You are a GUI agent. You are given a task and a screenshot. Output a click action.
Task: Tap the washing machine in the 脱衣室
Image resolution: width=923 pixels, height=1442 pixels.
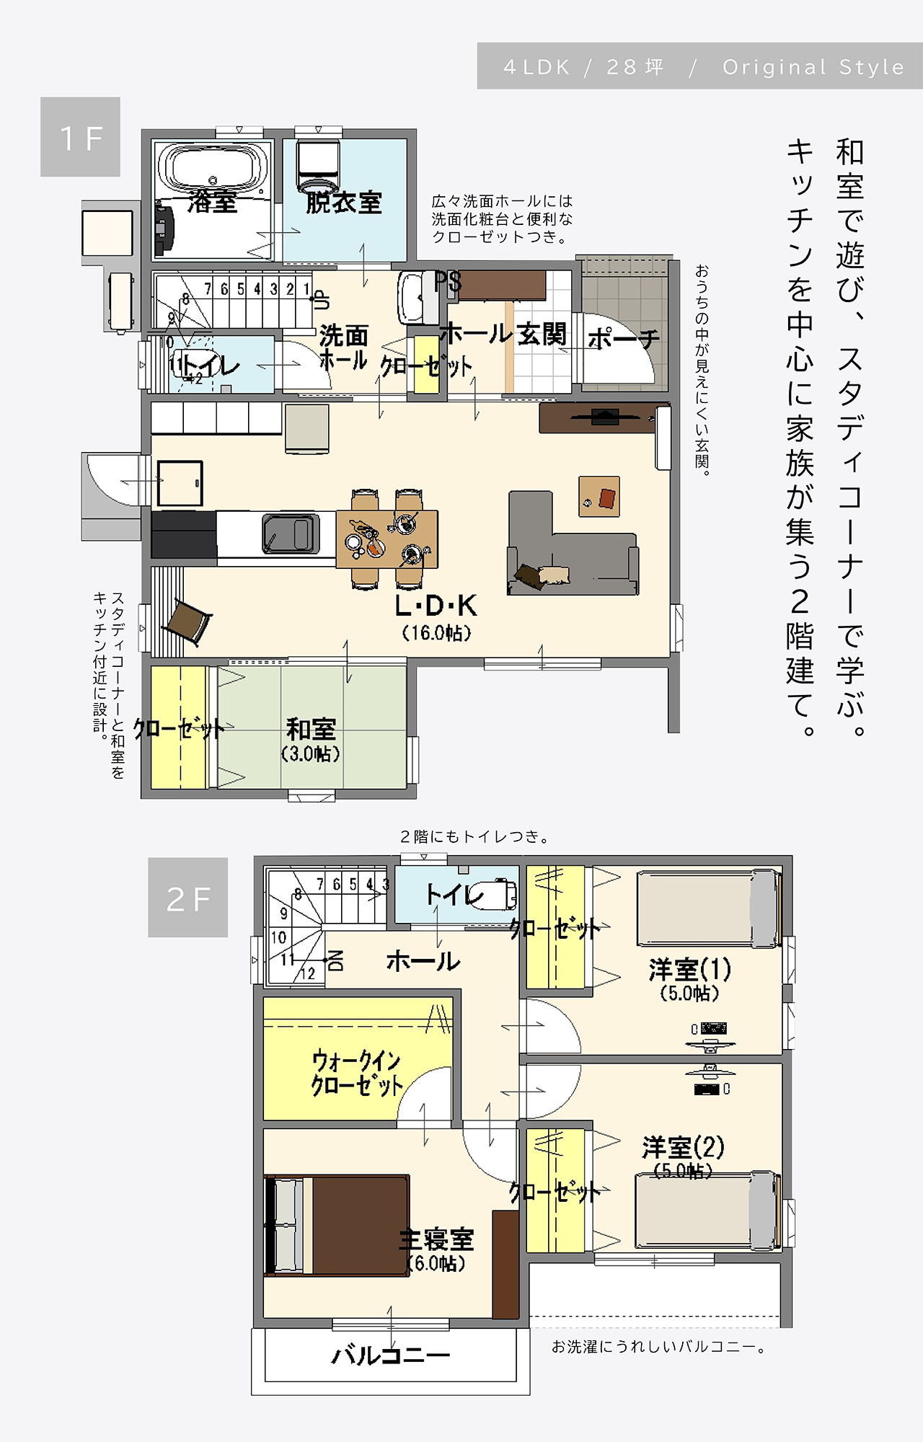[x=318, y=168]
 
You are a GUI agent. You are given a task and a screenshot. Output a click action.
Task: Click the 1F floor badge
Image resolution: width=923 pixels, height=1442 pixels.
[x=80, y=137]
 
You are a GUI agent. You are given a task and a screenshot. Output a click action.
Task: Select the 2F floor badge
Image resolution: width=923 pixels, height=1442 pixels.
[x=187, y=898]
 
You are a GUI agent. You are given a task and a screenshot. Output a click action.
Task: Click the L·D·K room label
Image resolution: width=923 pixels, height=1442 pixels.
[x=436, y=606]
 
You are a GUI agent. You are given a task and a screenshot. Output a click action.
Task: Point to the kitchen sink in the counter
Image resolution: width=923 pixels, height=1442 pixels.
[x=291, y=533]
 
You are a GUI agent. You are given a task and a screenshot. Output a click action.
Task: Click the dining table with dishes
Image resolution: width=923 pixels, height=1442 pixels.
[x=387, y=539]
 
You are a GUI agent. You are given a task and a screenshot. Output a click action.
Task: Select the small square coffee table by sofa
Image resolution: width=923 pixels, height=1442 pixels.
[x=599, y=496]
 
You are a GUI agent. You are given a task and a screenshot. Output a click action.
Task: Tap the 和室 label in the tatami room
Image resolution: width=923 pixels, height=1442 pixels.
[x=311, y=730]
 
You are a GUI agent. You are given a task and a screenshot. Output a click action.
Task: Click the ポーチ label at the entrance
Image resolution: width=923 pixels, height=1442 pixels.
[x=623, y=338]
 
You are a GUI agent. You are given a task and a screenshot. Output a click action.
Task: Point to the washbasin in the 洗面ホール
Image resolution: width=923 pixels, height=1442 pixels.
[x=413, y=298]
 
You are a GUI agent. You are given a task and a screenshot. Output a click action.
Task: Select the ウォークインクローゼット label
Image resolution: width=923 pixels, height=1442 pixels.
[x=356, y=1073]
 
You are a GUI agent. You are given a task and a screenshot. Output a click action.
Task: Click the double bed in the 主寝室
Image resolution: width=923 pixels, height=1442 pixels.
[x=337, y=1225]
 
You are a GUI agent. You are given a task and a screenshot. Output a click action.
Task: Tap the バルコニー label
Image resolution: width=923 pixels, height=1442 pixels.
[x=390, y=1356]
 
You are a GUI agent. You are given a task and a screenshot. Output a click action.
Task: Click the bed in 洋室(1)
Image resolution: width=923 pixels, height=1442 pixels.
[x=709, y=908]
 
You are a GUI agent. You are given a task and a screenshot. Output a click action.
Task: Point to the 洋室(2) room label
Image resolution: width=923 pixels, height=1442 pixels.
[x=683, y=1147]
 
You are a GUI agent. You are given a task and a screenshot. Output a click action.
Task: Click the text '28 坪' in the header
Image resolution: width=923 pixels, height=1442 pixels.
[x=635, y=67]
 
